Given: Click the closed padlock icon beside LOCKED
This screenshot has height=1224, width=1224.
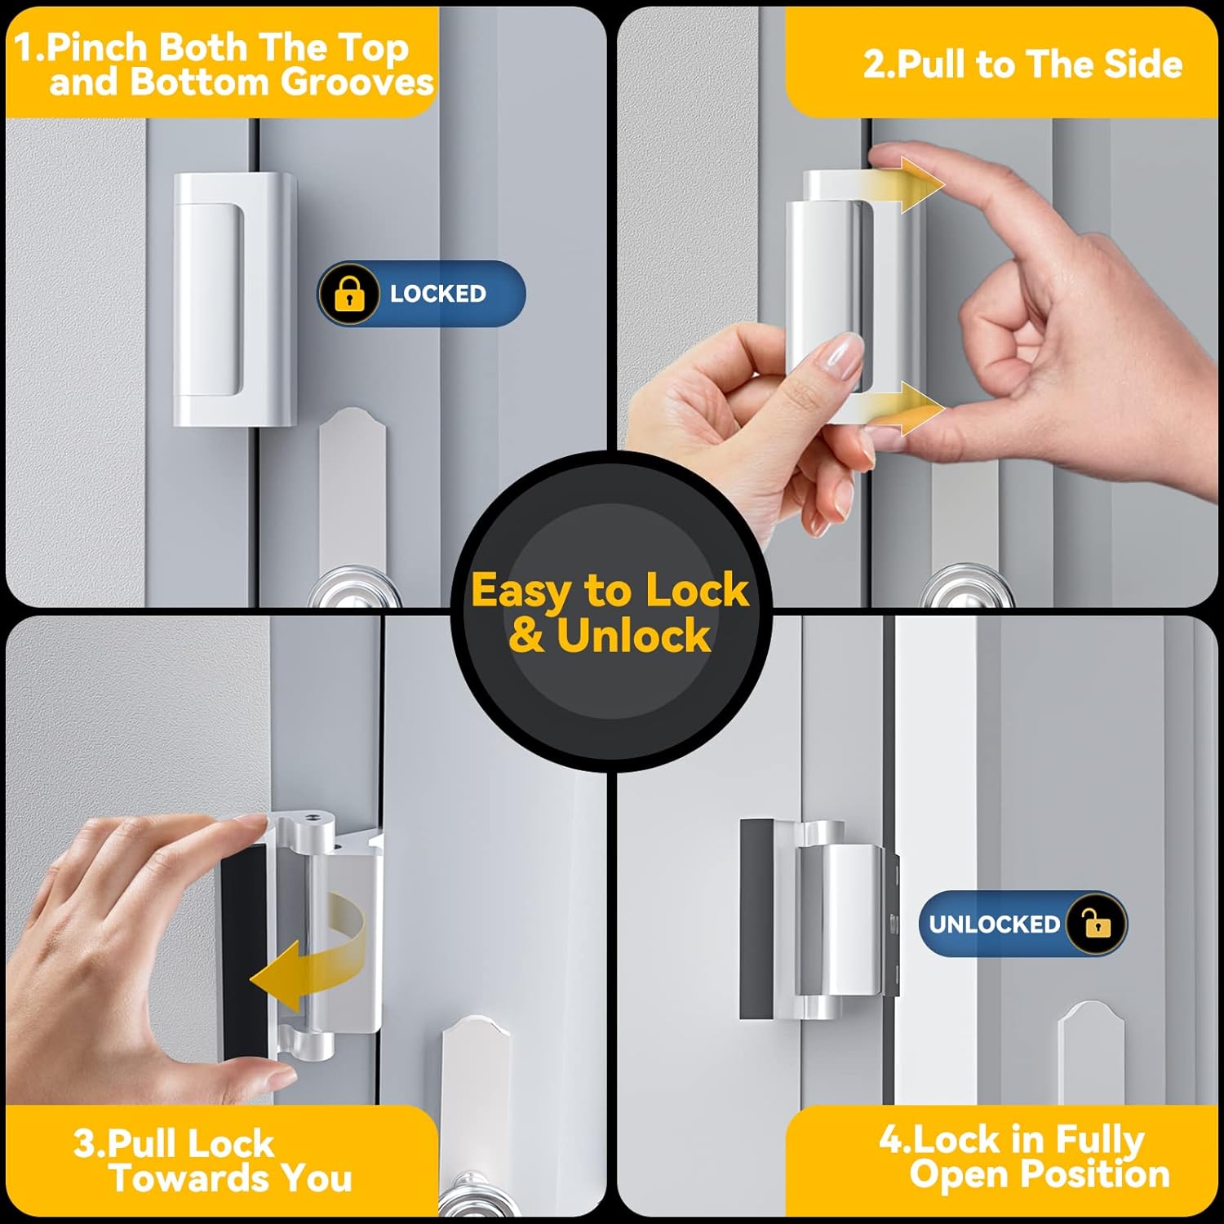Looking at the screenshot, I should coord(349,294).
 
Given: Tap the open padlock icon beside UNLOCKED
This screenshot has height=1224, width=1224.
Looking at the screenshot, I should coord(1097,924).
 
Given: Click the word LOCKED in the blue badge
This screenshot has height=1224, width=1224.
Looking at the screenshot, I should coord(437,294).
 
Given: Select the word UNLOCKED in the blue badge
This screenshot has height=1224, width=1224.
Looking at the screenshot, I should coord(993,924).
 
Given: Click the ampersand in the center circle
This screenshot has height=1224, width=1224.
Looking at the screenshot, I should coord(526,636).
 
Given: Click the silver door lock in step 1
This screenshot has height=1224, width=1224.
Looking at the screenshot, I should coord(233,299).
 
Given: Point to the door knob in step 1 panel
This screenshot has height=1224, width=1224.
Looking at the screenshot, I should coord(357,589).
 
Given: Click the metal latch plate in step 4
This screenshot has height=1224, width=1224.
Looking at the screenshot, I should coord(1090,1053).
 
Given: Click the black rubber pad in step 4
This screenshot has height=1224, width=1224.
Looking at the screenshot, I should coord(756,918).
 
